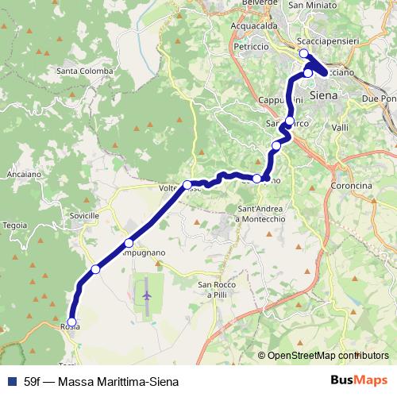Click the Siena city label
click(x=323, y=94)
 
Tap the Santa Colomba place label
click(x=83, y=71)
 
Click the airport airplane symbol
click(x=148, y=295)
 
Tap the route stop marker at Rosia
click(x=71, y=322)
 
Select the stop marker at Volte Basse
click(x=187, y=185)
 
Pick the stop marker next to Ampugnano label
click(x=129, y=243)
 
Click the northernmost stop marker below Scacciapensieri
click(x=303, y=53)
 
